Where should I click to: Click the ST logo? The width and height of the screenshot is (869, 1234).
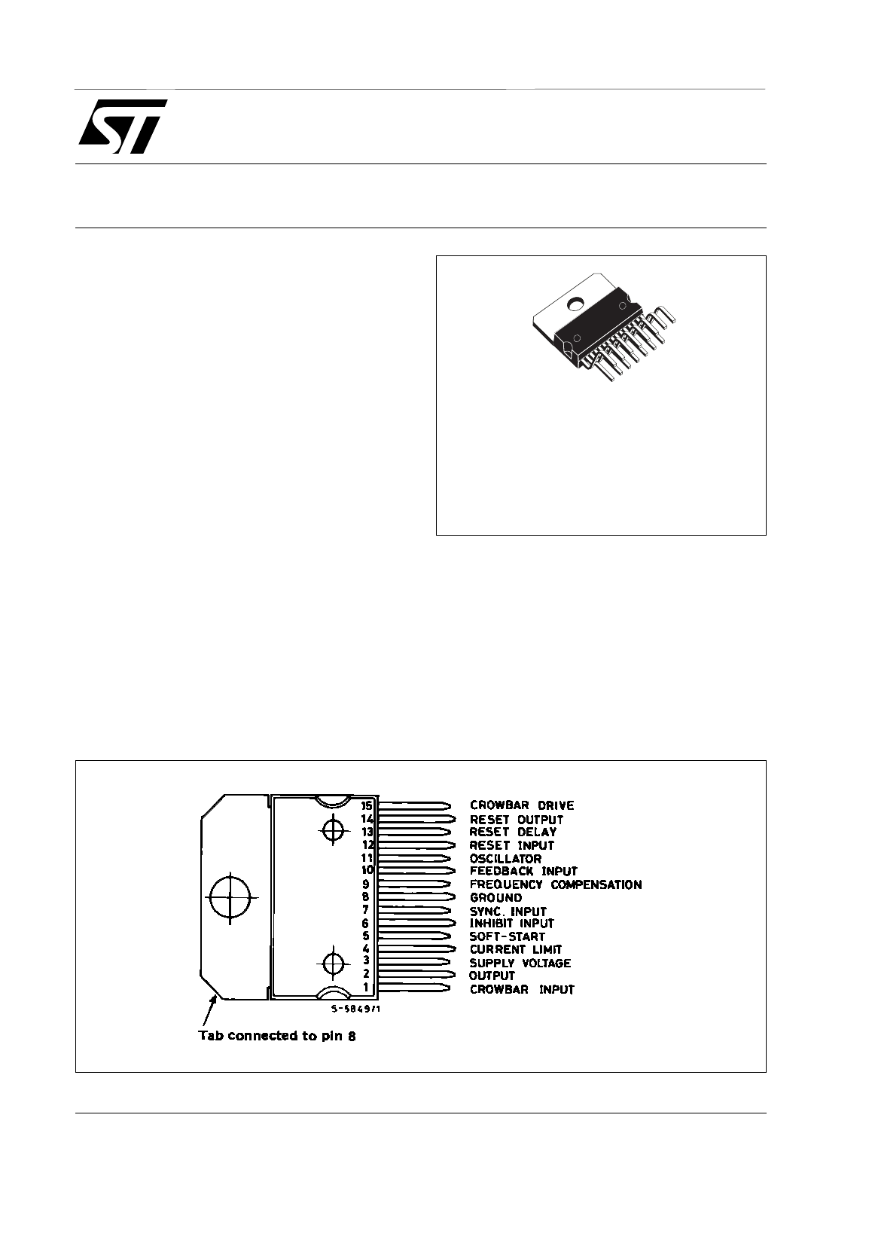click(123, 126)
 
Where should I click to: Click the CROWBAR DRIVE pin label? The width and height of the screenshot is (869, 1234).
click(521, 805)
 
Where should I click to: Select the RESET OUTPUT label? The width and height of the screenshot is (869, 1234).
click(516, 819)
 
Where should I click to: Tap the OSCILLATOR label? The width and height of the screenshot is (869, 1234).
click(505, 858)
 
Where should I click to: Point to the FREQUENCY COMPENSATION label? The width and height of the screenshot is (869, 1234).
click(555, 884)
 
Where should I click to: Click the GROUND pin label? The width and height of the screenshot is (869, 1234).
click(495, 897)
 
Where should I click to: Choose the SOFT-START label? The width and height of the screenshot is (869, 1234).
click(507, 936)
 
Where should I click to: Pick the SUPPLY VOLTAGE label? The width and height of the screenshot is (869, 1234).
click(520, 963)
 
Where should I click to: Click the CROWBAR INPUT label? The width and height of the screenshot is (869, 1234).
click(521, 989)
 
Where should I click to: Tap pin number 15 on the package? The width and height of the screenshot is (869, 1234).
click(367, 805)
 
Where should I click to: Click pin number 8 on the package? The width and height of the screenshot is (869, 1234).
click(366, 897)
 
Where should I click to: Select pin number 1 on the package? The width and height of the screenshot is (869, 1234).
click(366, 988)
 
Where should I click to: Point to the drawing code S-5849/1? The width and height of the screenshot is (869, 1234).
click(355, 1009)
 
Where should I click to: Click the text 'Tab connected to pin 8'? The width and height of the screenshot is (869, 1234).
click(276, 1036)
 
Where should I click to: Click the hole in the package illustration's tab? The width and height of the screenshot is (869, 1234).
click(576, 304)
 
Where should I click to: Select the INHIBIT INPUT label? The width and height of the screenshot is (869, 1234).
click(511, 924)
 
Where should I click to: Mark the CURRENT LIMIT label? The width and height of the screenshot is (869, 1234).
click(515, 949)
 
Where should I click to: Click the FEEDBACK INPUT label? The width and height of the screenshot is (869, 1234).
click(523, 871)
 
